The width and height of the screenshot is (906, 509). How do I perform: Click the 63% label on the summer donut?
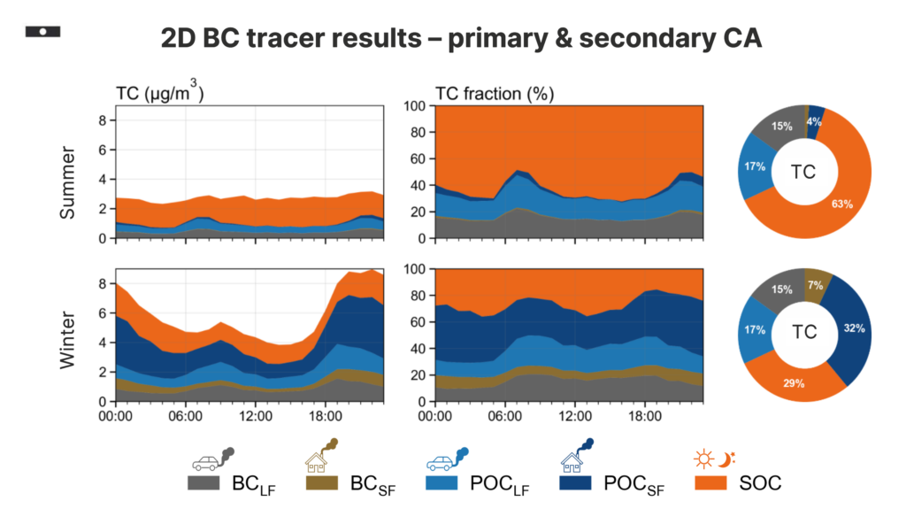click(x=842, y=205)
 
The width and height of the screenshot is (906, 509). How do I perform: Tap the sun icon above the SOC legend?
click(x=703, y=459)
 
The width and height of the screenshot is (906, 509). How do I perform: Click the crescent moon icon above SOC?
click(x=726, y=459)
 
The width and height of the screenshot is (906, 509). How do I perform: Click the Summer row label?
click(x=73, y=177)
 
